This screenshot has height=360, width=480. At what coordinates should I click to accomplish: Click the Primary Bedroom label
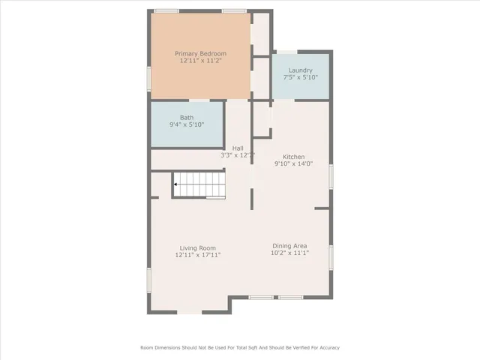[200, 54]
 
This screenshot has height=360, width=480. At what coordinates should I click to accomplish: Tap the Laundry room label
[300, 70]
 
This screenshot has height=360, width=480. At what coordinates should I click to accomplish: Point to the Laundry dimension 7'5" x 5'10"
[300, 77]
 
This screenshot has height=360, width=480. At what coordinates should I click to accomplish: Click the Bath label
[186, 118]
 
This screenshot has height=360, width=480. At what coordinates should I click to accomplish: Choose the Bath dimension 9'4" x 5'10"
[186, 124]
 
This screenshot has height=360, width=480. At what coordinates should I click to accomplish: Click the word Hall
[238, 148]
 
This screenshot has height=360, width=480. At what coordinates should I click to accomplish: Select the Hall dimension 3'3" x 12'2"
[238, 155]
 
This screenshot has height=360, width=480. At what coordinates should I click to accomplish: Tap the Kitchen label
[293, 157]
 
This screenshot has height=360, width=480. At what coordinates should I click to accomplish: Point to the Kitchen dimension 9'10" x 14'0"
[293, 163]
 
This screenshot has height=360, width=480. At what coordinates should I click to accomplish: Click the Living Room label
[197, 248]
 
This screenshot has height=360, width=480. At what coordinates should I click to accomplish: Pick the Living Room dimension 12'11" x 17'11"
[197, 255]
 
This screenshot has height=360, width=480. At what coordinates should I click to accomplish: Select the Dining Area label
[289, 246]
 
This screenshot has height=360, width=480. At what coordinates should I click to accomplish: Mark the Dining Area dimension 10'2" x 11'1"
[289, 253]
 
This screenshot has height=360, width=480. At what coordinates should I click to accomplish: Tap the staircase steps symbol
[199, 184]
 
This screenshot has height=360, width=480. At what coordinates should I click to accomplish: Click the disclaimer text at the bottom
[240, 347]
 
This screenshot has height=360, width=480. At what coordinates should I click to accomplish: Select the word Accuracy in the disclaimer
[328, 347]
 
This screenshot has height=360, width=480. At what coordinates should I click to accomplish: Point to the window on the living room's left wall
[149, 281]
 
